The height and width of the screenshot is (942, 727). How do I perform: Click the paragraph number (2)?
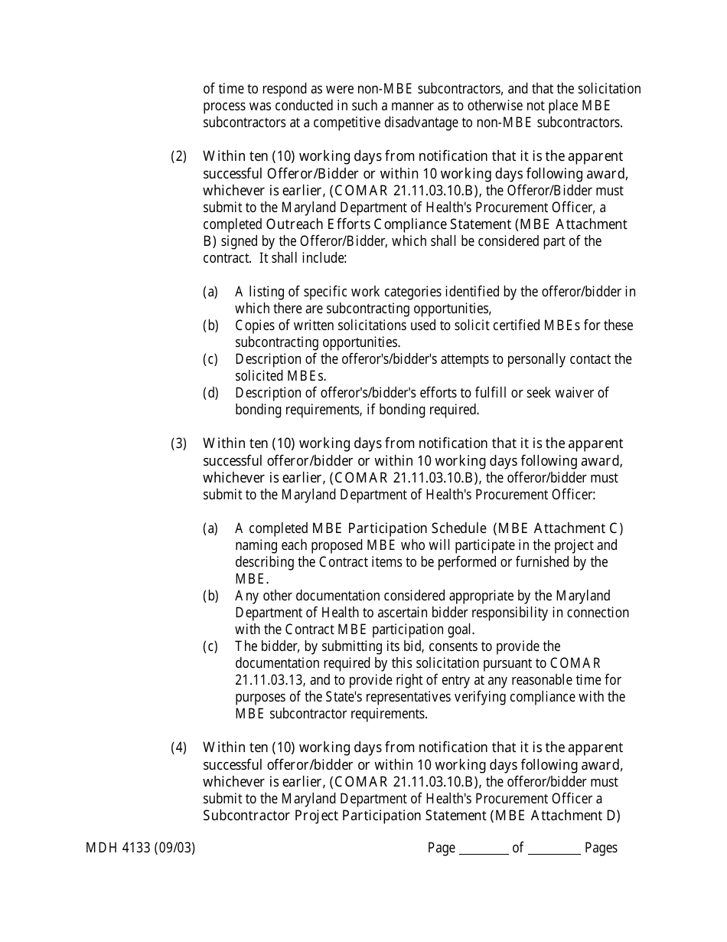[x=178, y=157]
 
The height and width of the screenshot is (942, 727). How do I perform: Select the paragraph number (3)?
[x=178, y=444]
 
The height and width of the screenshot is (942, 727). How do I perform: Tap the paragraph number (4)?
[x=178, y=747]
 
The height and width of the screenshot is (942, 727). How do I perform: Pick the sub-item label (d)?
[x=210, y=393]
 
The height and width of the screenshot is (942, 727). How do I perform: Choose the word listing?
[x=267, y=292]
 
